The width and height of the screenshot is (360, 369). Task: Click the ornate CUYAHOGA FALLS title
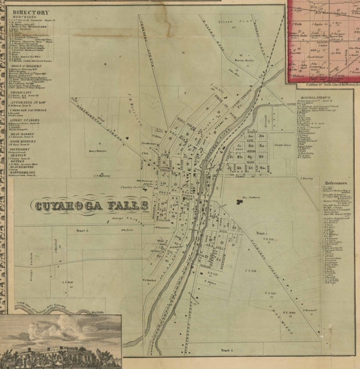click(x=91, y=205)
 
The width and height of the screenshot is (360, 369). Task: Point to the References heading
click(x=335, y=179)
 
